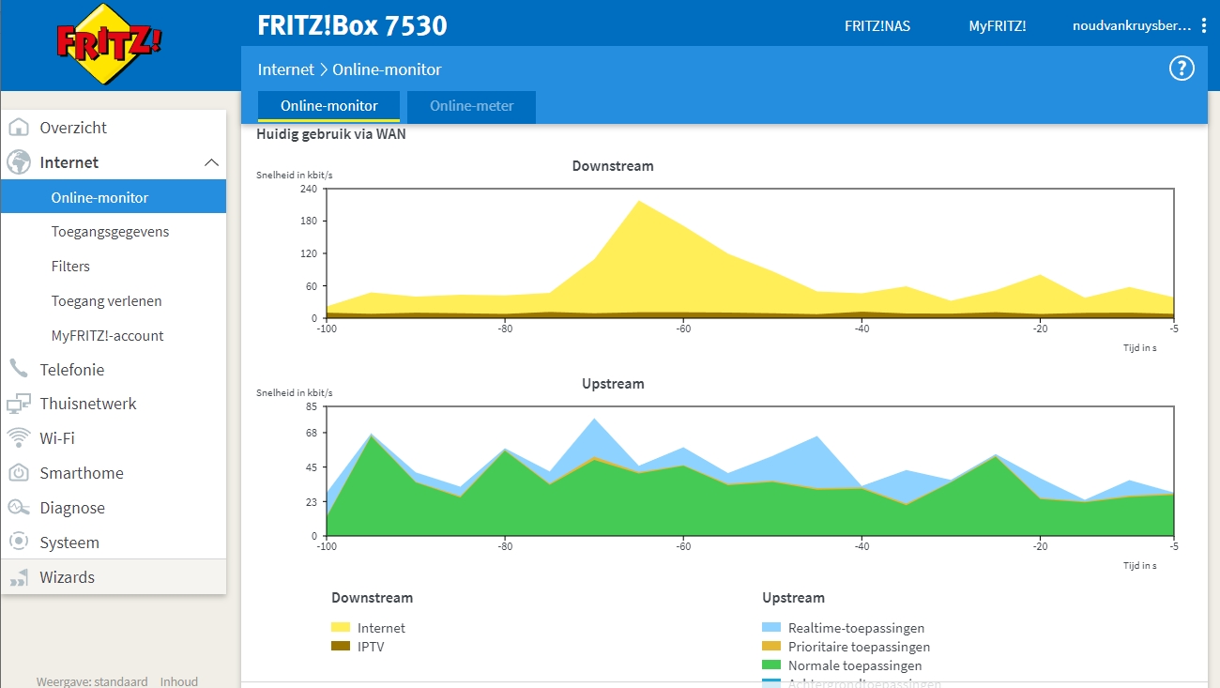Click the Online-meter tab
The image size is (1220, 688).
click(471, 106)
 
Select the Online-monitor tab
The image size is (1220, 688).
click(328, 106)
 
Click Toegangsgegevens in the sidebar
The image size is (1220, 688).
click(110, 232)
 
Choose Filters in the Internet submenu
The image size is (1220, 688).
click(70, 267)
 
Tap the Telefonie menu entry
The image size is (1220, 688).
click(71, 370)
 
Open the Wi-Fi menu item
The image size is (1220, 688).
click(57, 438)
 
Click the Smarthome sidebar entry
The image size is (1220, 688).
click(81, 473)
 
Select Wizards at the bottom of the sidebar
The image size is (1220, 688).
click(67, 577)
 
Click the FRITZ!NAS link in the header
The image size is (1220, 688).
click(877, 26)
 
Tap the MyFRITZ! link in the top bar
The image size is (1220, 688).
click(997, 26)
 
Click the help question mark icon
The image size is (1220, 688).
click(1181, 69)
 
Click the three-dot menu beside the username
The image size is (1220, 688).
click(1204, 25)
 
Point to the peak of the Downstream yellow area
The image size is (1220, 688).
click(639, 201)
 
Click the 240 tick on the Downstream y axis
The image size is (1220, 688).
click(309, 189)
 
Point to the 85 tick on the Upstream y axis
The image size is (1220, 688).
click(312, 406)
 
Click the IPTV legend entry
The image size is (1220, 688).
click(370, 647)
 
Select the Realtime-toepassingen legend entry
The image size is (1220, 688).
click(855, 628)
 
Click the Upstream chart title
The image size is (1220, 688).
click(613, 384)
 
